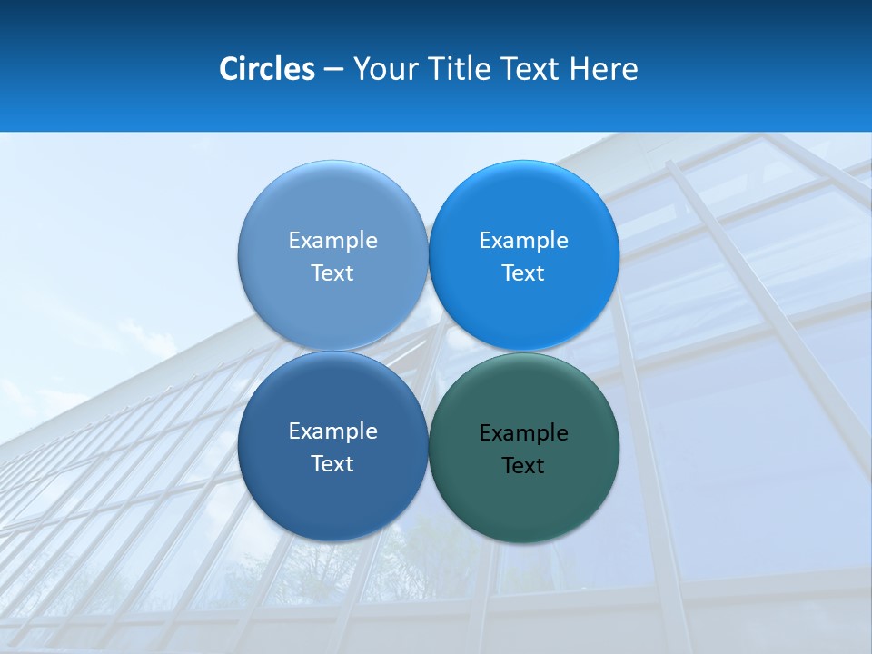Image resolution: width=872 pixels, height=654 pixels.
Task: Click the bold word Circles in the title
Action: click(x=267, y=69)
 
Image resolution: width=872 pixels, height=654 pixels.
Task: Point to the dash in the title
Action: click(x=333, y=70)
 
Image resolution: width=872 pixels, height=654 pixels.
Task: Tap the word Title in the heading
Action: click(x=461, y=69)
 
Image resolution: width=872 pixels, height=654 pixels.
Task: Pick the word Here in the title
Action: click(x=604, y=69)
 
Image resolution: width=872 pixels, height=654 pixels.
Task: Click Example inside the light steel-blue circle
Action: click(x=332, y=240)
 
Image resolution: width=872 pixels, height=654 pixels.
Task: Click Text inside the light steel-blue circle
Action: click(x=332, y=272)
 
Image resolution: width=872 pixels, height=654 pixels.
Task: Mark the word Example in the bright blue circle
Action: click(x=524, y=240)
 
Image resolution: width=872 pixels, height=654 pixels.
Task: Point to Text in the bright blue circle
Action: click(x=523, y=272)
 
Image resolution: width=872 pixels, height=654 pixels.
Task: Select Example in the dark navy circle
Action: click(x=332, y=431)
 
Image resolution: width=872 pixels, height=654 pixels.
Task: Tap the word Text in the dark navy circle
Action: click(x=332, y=463)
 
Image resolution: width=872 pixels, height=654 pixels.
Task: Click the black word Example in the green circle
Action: click(x=524, y=433)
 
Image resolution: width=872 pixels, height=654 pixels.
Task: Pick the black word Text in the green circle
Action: click(x=523, y=466)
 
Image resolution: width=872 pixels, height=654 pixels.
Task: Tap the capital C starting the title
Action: click(x=229, y=69)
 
